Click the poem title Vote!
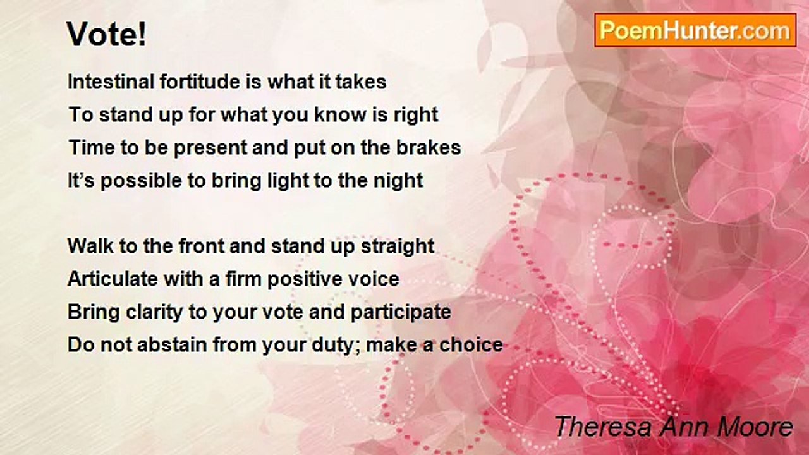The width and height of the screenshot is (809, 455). (106, 35)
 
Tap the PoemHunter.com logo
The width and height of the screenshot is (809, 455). (695, 30)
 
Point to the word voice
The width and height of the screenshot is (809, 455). (375, 279)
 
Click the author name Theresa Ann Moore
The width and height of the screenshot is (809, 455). (673, 427)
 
